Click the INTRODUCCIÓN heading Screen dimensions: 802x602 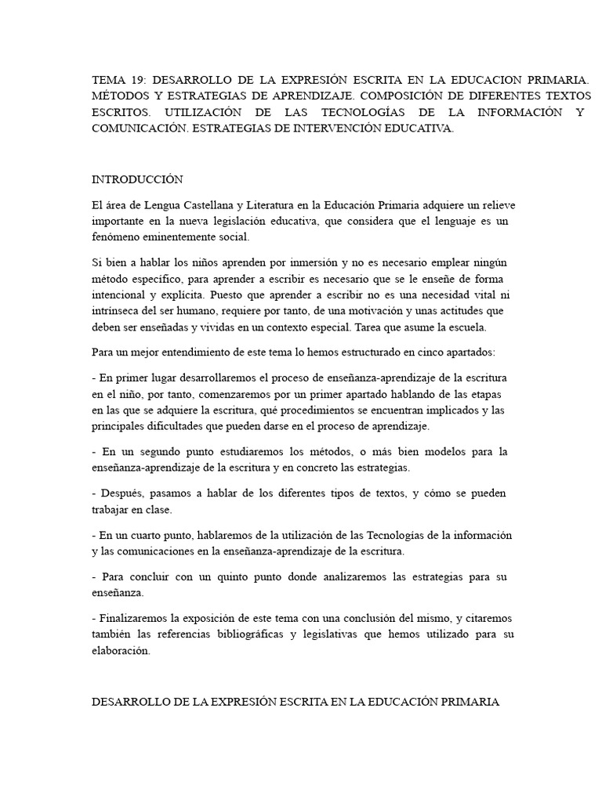[x=137, y=179]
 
